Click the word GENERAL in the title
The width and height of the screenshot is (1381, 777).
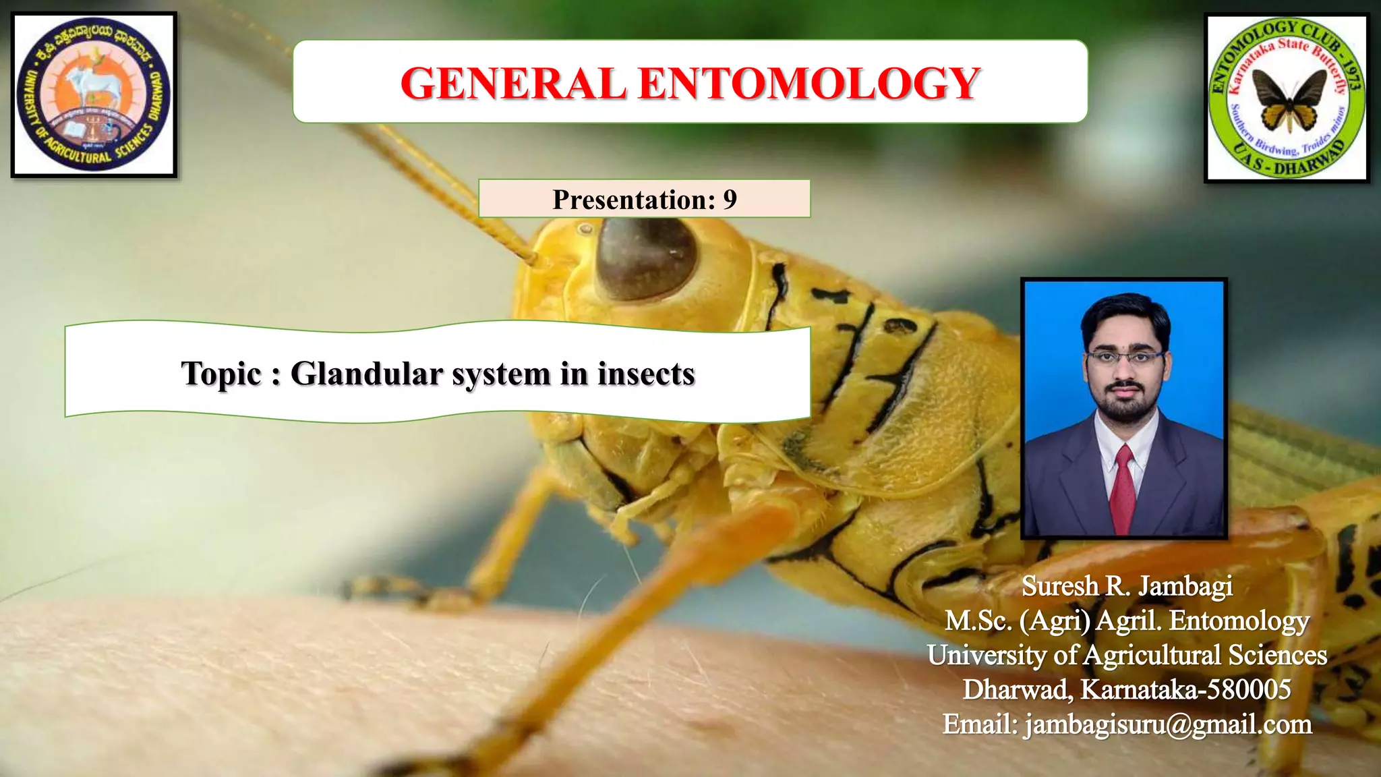click(x=512, y=84)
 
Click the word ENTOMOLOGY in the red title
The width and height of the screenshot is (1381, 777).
click(x=809, y=84)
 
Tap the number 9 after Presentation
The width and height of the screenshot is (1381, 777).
click(x=730, y=200)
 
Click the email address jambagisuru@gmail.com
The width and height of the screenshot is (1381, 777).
click(x=1167, y=724)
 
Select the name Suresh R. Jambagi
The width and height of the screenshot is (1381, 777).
click(x=1127, y=586)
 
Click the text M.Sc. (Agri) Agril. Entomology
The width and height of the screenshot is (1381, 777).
click(x=1127, y=621)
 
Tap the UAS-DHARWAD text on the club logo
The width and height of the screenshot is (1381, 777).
click(x=1295, y=162)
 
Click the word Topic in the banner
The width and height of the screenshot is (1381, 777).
click(x=221, y=374)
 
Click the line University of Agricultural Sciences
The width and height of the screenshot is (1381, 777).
click(x=1127, y=655)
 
